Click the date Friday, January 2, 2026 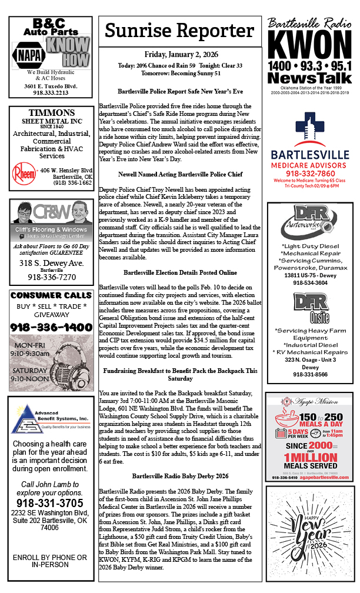pyautogui.click(x=180, y=54)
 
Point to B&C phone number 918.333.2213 pyautogui.click(x=51, y=92)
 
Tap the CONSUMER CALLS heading pyautogui.click(x=51, y=295)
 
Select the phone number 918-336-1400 pyautogui.click(x=51, y=327)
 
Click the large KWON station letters pyautogui.click(x=309, y=45)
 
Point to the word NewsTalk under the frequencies pyautogui.click(x=309, y=78)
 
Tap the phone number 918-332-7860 pyautogui.click(x=309, y=174)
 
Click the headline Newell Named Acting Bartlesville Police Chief pyautogui.click(x=180, y=175)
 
